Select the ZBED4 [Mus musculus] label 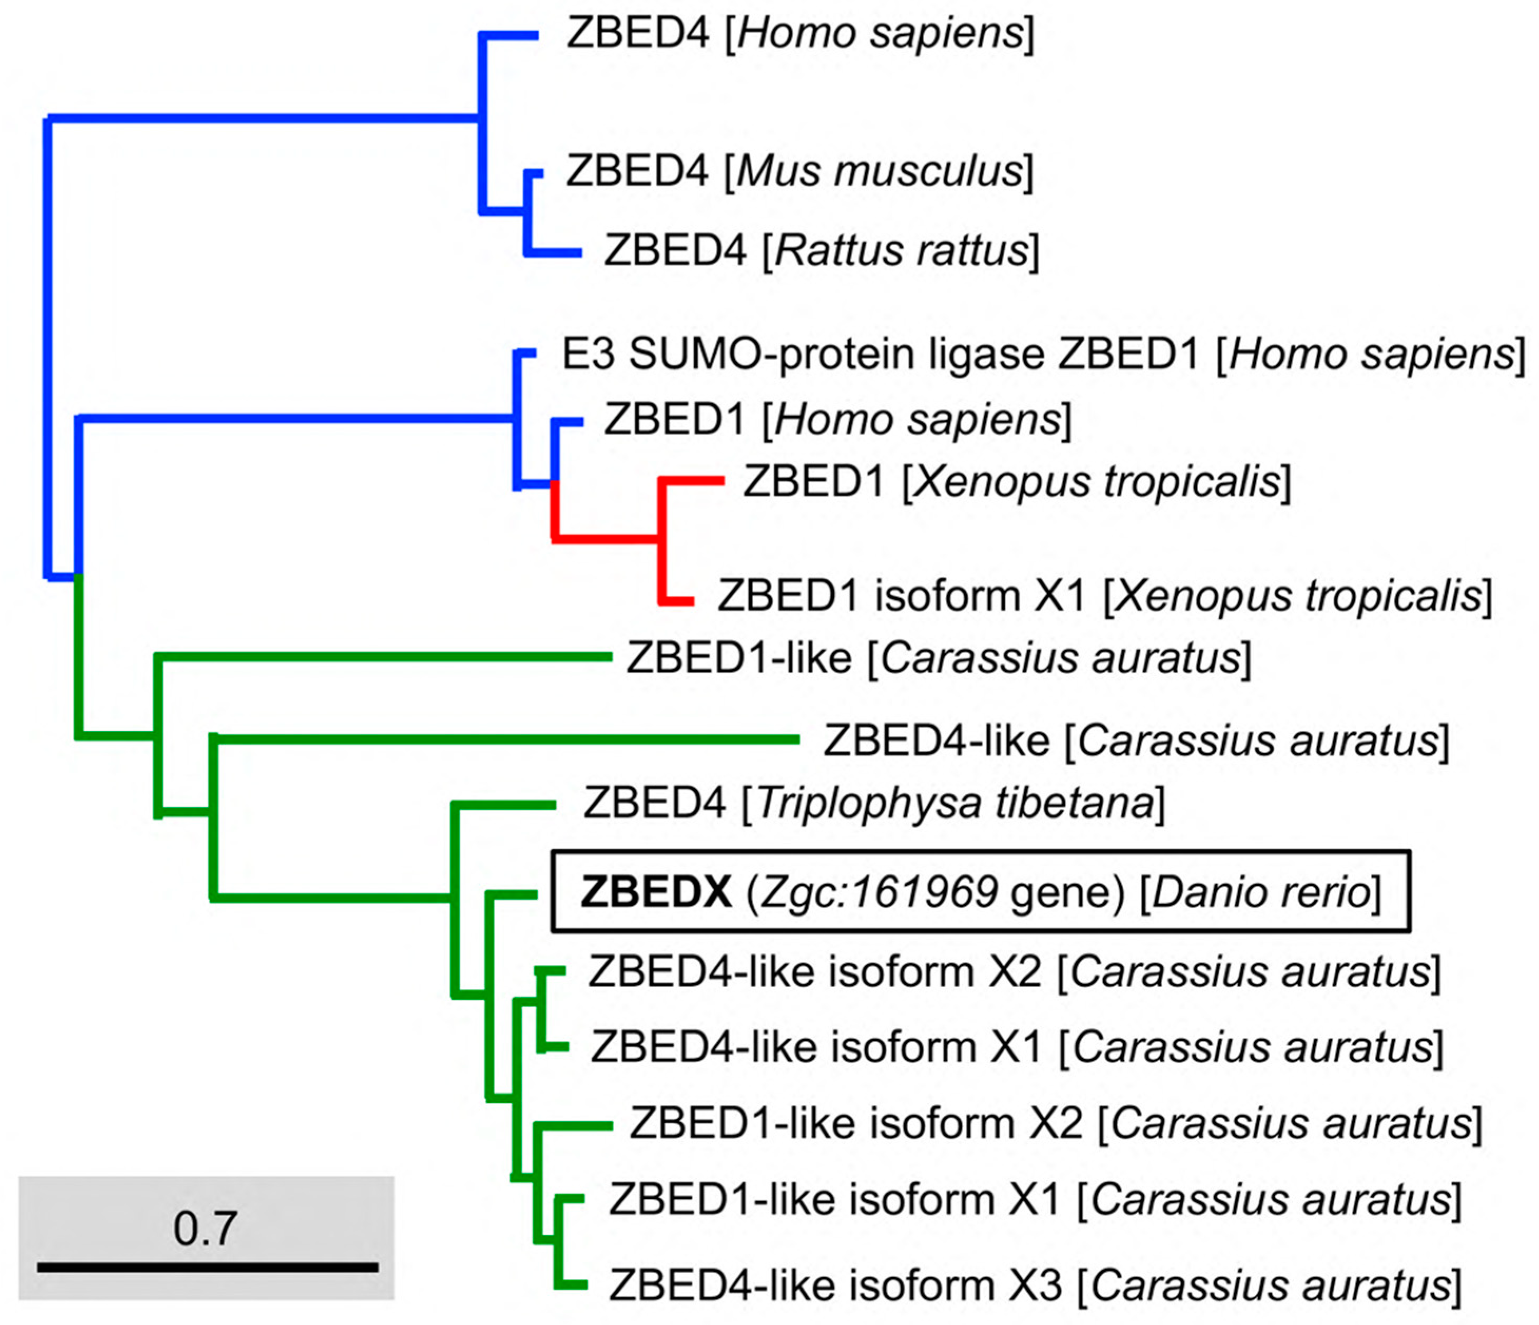click(x=799, y=172)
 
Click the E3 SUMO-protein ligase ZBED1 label click(x=1040, y=354)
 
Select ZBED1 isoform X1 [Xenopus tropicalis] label click(x=1104, y=596)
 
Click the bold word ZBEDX click(x=656, y=892)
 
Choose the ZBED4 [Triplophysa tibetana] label click(x=873, y=804)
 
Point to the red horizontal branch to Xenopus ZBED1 click(x=691, y=481)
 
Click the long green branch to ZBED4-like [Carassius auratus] click(x=505, y=739)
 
